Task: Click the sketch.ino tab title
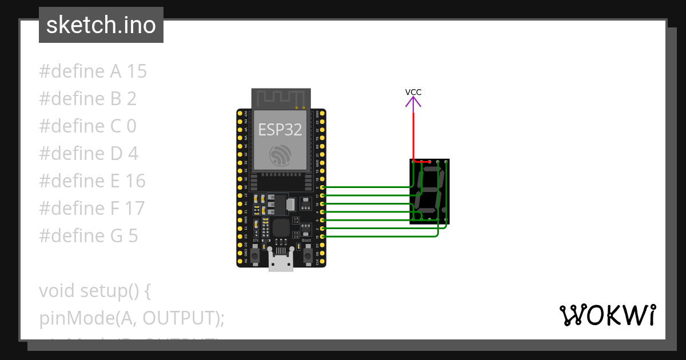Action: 101,25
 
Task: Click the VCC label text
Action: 413,92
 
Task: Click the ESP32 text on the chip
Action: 280,130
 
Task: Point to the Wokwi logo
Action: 607,315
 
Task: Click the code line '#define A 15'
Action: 93,71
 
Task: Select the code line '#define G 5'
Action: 88,235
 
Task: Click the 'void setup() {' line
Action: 94,291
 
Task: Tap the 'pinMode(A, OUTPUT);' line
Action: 131,318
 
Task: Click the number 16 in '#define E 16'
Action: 135,181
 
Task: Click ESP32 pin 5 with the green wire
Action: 323,187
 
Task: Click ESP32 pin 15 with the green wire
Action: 323,237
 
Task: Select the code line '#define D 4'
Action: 88,154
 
